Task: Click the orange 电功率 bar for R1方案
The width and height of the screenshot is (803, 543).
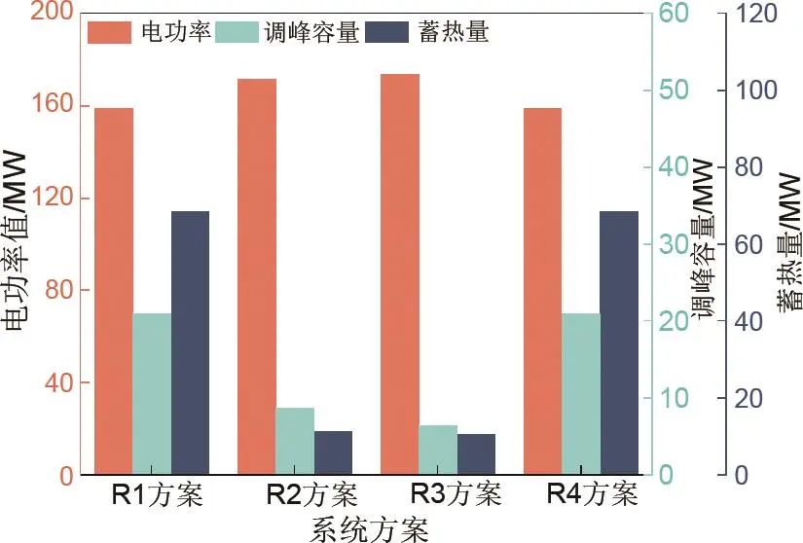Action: click(x=114, y=292)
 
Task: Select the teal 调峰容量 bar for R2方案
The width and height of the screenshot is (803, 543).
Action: click(x=294, y=442)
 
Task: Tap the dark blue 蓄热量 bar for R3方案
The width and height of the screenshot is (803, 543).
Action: click(x=476, y=454)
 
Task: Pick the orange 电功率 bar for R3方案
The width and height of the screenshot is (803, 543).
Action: click(x=400, y=274)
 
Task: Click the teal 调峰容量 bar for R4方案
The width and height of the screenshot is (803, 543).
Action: click(x=581, y=394)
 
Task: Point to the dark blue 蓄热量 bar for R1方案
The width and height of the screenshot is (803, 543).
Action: click(x=190, y=343)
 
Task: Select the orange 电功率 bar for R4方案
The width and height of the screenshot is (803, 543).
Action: click(x=542, y=292)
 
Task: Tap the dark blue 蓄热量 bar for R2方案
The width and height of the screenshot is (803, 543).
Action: click(x=333, y=453)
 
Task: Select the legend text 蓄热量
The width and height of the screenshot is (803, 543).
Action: click(x=456, y=32)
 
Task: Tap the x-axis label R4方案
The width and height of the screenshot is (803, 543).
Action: click(x=592, y=494)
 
